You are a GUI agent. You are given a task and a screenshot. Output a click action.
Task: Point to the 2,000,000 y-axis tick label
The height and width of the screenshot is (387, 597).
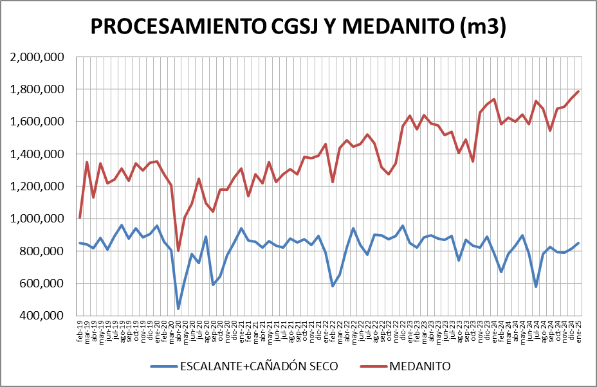[x=38, y=57]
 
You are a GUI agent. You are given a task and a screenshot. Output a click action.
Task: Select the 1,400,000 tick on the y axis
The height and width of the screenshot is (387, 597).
[x=38, y=154]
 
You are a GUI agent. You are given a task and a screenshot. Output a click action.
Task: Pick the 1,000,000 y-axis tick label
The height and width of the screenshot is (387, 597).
[x=38, y=219]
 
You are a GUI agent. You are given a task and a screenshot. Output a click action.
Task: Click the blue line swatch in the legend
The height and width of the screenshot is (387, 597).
[x=165, y=366]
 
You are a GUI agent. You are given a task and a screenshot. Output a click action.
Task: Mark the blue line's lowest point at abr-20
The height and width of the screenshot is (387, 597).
[x=178, y=309]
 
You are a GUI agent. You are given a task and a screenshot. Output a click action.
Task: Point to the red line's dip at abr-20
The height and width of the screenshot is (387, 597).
[x=178, y=251]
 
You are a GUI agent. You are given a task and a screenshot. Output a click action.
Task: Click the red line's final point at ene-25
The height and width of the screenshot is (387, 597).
[x=578, y=91]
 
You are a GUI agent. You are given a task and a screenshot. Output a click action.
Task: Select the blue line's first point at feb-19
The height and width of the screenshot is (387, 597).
[x=80, y=243]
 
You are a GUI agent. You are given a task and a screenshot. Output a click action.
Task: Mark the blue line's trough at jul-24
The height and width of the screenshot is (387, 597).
[x=536, y=287]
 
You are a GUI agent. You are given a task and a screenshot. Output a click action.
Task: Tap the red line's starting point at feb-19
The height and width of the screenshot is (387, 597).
[x=80, y=218]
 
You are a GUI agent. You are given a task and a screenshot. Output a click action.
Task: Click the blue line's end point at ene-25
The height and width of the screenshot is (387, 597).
[x=578, y=243]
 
